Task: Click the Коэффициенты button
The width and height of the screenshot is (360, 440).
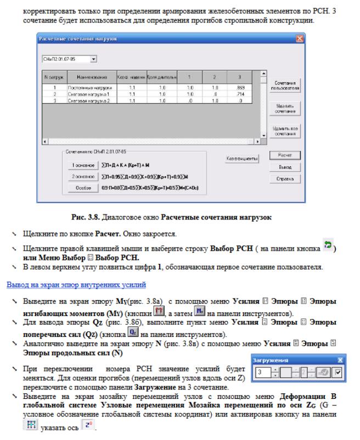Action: click(x=243, y=159)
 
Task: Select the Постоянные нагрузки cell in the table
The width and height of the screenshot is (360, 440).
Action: click(x=87, y=87)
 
